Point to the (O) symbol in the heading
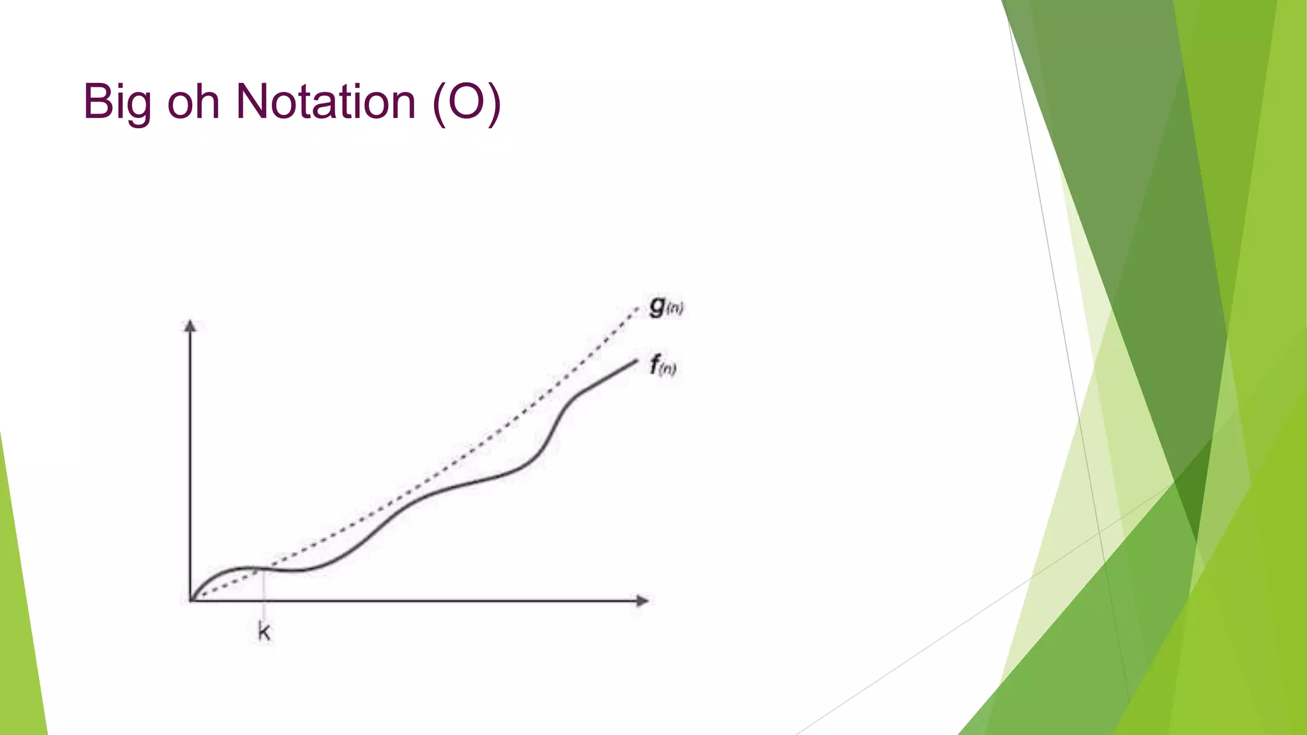pos(467,102)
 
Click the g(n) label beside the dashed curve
pos(666,307)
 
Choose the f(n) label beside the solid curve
pos(662,366)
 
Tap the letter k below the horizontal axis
pos(264,632)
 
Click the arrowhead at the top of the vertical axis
pos(190,325)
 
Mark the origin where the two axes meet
pos(190,600)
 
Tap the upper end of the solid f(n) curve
pos(636,362)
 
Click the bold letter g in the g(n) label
pos(657,306)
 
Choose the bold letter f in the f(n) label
pos(654,365)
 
